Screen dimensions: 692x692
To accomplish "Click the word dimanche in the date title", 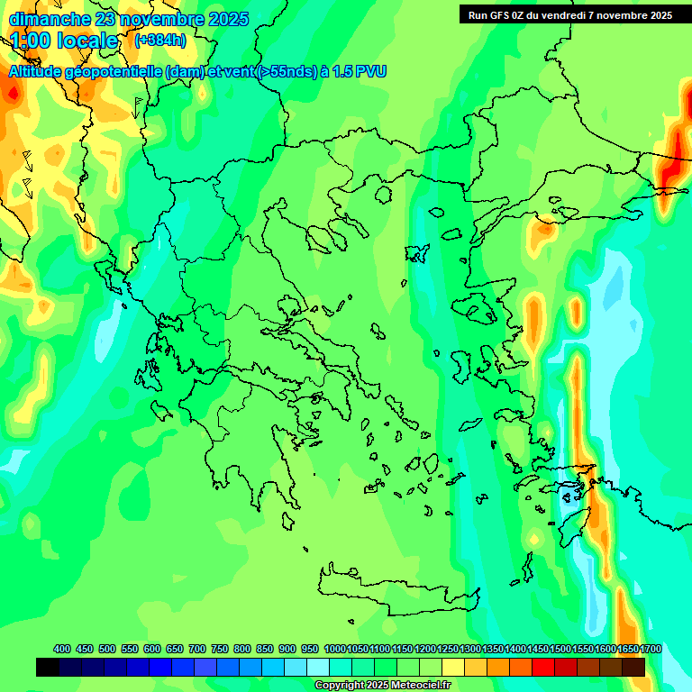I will click(50, 19).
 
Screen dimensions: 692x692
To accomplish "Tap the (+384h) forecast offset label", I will click(160, 41).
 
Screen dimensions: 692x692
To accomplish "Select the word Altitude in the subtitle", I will click(41, 72).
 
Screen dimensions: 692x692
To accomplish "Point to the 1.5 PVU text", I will click(359, 72).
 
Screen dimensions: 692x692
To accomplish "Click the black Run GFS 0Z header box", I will click(569, 14).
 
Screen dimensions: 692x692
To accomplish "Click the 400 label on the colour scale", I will click(62, 649).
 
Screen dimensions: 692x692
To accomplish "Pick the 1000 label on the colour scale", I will click(334, 649).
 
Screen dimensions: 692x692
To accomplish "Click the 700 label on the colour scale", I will click(197, 649).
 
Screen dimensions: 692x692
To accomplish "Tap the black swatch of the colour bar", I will click(48, 667).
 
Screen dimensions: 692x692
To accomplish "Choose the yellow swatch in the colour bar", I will click(453, 667).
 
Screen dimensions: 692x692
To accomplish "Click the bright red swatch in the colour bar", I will click(543, 667).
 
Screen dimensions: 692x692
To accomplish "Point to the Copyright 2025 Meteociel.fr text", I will click(382, 685).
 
